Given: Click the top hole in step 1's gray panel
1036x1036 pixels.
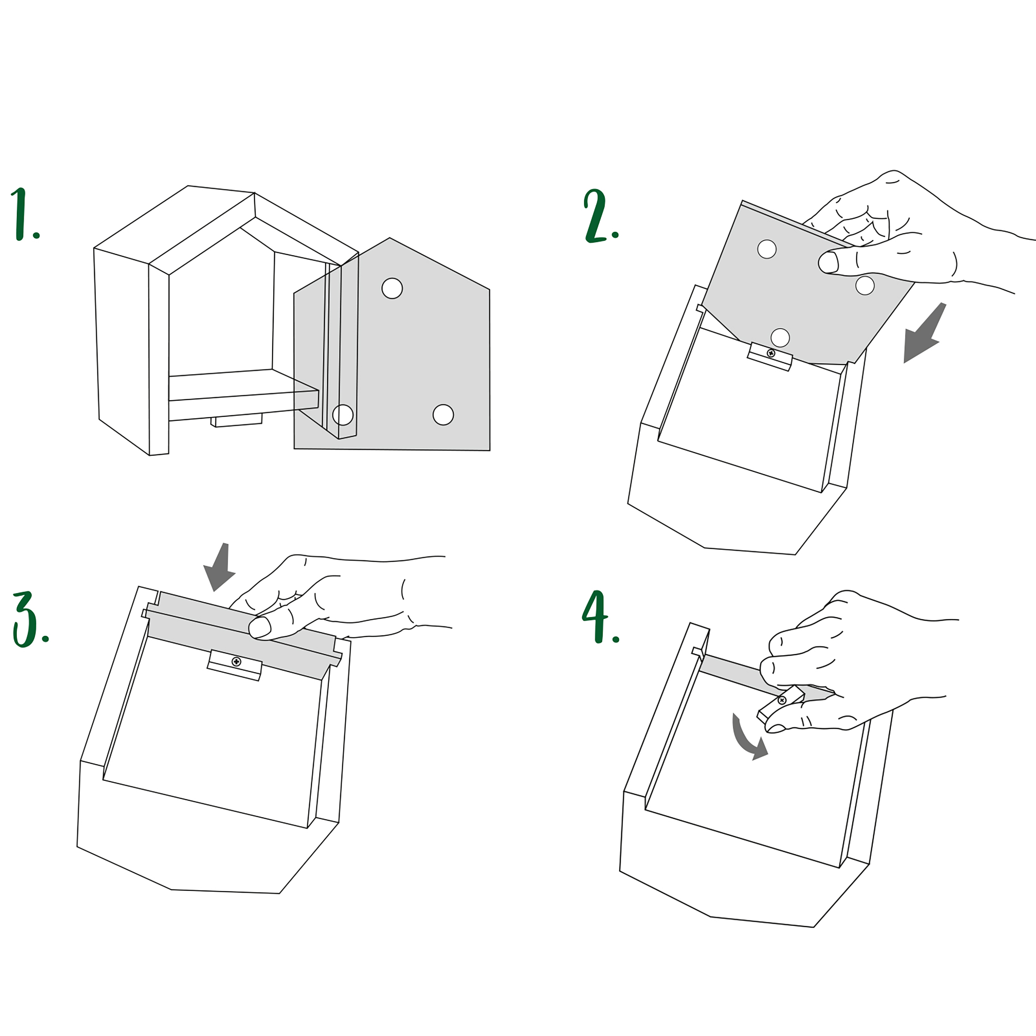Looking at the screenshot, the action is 392,289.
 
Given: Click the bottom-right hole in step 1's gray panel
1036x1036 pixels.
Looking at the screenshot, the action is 443,415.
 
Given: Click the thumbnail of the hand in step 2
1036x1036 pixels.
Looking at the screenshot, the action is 828,263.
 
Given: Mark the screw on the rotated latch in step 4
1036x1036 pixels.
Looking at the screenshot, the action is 782,700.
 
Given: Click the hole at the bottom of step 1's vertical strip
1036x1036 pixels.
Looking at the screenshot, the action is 343,415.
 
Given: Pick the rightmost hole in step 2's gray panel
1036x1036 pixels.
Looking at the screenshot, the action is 865,285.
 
